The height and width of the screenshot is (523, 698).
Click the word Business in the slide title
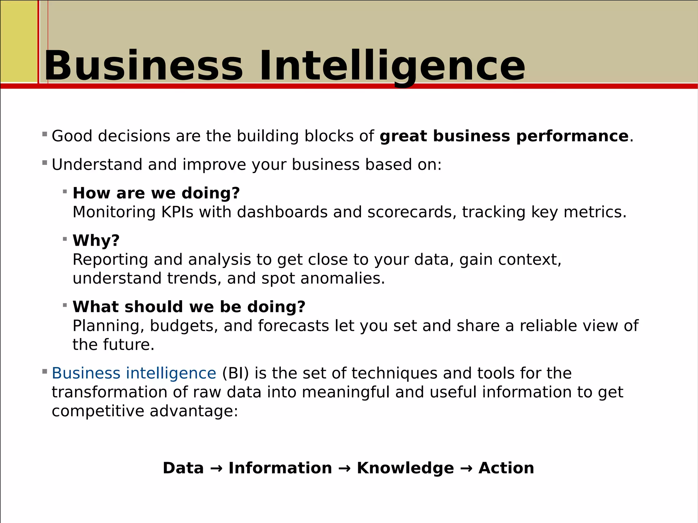click(143, 65)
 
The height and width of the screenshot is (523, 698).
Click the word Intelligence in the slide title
click(392, 65)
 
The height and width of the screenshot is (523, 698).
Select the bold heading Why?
click(96, 241)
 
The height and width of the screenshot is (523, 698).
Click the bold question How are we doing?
click(156, 193)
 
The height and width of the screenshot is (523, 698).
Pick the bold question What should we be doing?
click(189, 307)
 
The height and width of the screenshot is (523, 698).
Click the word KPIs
click(177, 212)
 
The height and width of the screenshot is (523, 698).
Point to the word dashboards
click(282, 212)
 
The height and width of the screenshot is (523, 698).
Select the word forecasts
click(293, 326)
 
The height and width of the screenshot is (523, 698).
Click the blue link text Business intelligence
click(134, 373)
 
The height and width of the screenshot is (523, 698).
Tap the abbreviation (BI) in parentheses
click(236, 373)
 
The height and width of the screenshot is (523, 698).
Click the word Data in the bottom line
click(183, 468)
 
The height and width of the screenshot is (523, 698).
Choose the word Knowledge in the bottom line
click(405, 468)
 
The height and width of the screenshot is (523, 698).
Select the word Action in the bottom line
click(506, 468)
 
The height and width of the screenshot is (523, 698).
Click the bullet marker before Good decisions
click(45, 134)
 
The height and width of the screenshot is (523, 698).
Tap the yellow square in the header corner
click(19, 41)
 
